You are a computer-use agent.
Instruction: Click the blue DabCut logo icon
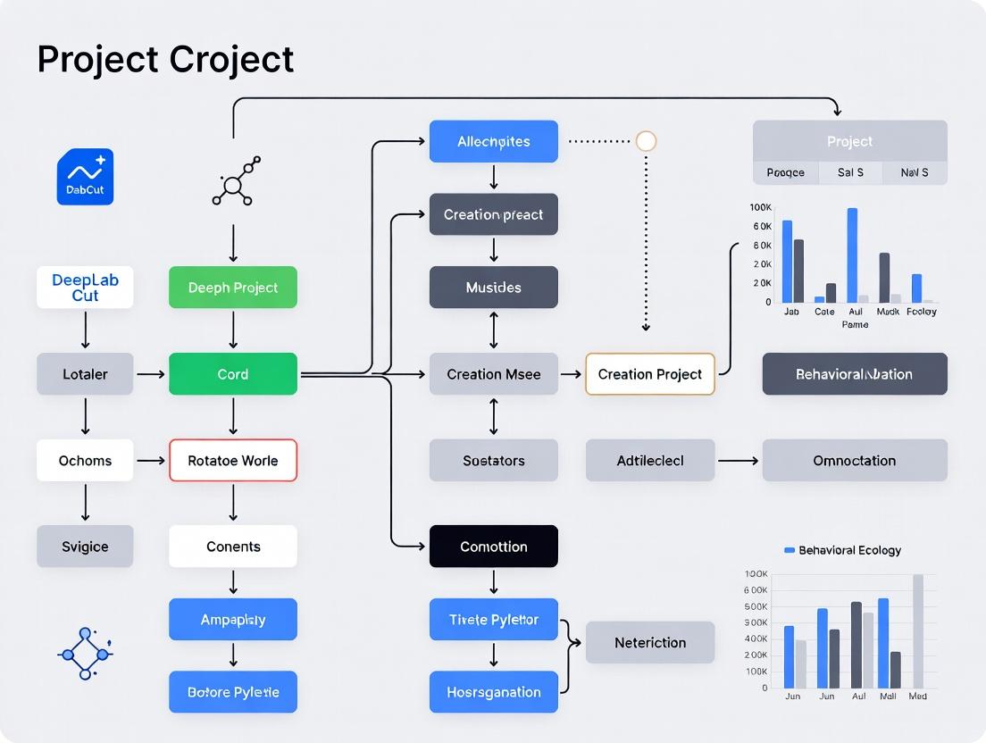(85, 177)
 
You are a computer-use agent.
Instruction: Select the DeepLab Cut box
(85, 288)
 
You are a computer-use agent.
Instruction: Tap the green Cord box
(233, 374)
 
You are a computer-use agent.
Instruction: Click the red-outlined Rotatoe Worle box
(233, 461)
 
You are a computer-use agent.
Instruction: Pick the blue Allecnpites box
(493, 141)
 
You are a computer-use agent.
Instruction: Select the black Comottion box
(493, 547)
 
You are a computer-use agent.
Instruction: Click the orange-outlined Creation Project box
(650, 374)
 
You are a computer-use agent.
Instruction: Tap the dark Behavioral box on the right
(854, 374)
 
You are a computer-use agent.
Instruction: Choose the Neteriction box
(650, 642)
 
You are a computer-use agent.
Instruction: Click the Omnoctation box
(854, 461)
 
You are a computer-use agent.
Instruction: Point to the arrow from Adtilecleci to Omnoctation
(738, 461)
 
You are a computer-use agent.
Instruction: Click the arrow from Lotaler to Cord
(151, 374)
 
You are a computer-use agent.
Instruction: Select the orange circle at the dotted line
(646, 141)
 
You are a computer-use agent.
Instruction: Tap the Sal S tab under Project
(850, 172)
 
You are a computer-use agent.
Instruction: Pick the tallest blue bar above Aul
(852, 255)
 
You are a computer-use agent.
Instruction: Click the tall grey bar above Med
(918, 630)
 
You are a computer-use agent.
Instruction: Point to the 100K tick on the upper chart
(761, 207)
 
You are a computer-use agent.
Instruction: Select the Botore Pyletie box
(233, 692)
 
